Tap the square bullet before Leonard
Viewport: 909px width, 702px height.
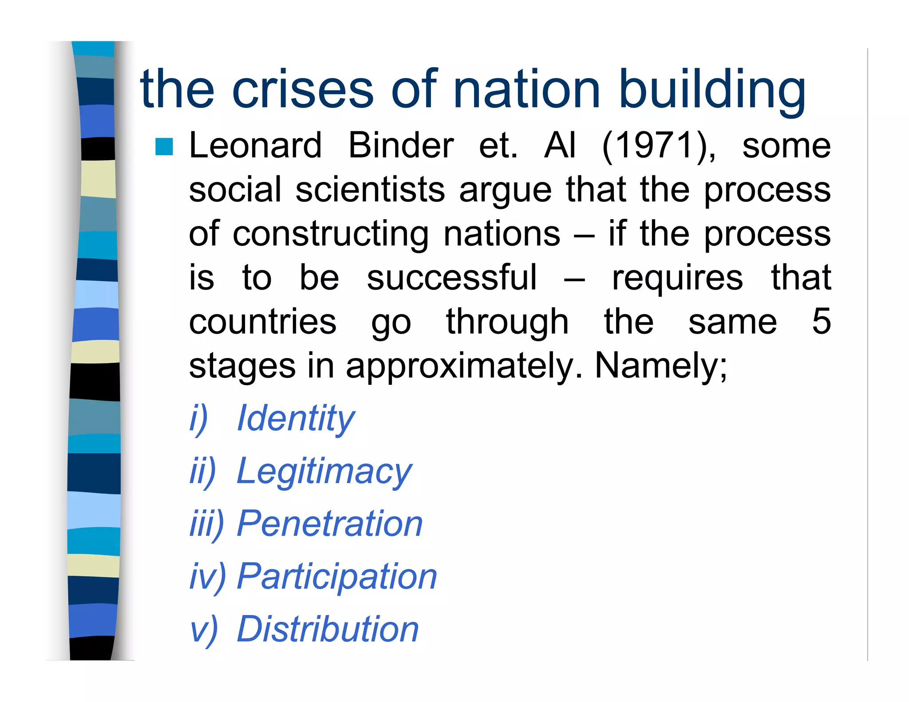tap(164, 147)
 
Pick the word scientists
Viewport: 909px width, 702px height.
tap(370, 190)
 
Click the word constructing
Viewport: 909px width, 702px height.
tap(331, 234)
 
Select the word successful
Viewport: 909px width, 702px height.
tap(452, 278)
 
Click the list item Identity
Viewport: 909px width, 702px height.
tap(296, 418)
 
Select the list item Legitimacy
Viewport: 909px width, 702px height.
tap(324, 472)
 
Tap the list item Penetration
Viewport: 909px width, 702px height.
tap(330, 524)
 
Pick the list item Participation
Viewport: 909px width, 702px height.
tap(337, 577)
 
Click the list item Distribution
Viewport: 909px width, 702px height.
tap(328, 629)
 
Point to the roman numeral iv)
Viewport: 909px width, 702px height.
tap(207, 577)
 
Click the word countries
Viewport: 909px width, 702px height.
tap(263, 322)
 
